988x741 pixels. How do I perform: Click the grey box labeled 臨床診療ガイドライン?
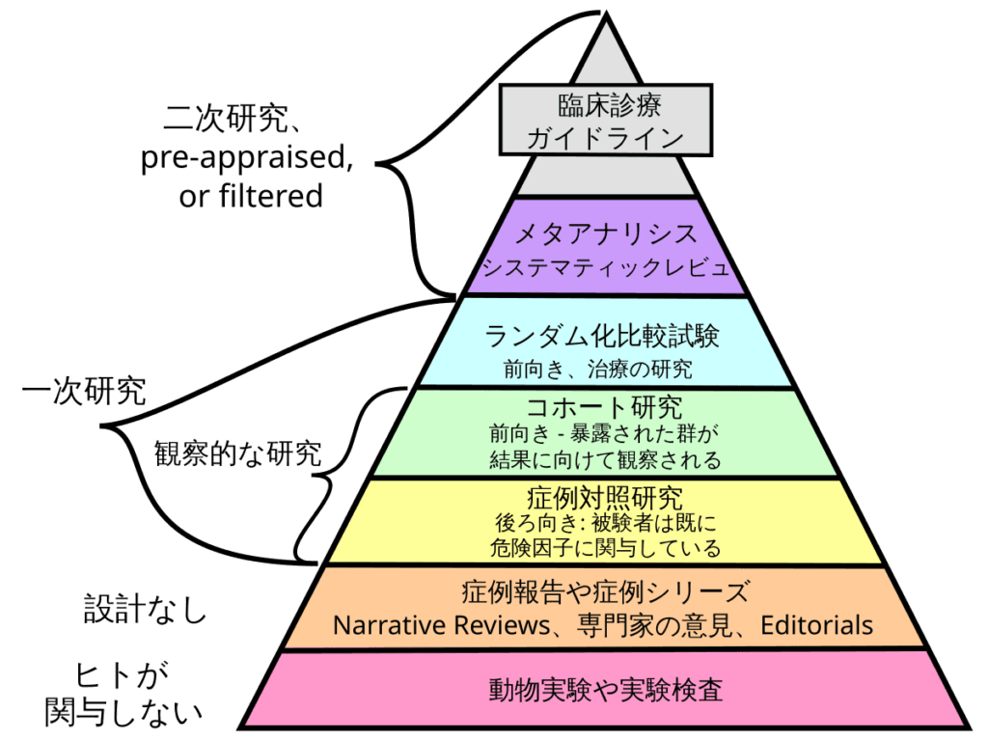point(606,120)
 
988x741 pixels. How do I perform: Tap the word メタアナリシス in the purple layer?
point(606,233)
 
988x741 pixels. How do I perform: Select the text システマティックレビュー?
point(606,267)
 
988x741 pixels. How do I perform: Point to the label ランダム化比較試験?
point(602,336)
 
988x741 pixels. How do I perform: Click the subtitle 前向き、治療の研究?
point(598,369)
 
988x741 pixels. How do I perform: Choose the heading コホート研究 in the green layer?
point(604,408)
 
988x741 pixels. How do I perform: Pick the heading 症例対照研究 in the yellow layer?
point(605,499)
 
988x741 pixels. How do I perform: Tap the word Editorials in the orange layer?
point(816,625)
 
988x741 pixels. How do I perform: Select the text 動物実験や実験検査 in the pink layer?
point(606,689)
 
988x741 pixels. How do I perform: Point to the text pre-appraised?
point(247,157)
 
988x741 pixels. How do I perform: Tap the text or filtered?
point(251,195)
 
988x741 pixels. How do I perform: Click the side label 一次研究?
point(84,391)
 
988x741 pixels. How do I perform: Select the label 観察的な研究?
point(238,453)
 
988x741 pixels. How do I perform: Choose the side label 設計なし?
point(146,609)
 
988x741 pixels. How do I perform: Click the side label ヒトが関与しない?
point(123,694)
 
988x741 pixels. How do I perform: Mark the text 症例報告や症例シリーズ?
point(606,591)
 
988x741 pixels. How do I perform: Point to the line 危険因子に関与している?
point(605,548)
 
